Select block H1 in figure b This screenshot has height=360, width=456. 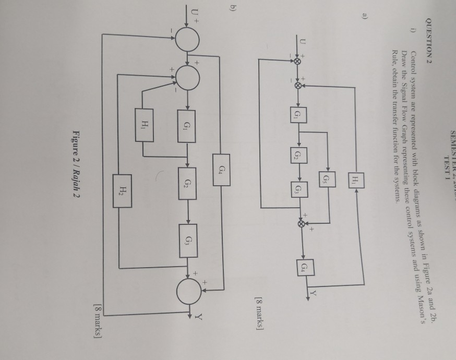pyautogui.click(x=143, y=123)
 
